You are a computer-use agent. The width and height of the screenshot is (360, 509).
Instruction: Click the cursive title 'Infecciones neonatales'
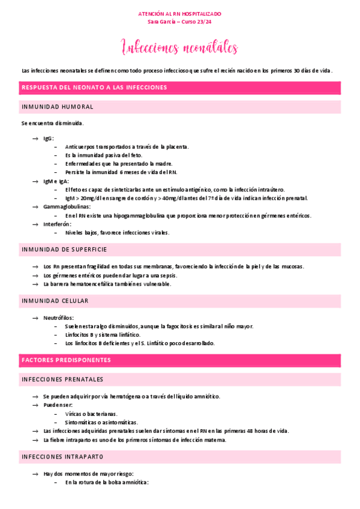click(x=179, y=47)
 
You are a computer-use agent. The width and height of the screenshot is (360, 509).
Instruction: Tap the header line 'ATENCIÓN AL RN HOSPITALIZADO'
click(x=179, y=13)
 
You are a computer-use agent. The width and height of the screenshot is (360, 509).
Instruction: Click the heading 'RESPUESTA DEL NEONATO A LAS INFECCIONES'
click(x=94, y=88)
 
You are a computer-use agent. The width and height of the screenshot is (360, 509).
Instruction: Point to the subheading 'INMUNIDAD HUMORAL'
click(x=57, y=107)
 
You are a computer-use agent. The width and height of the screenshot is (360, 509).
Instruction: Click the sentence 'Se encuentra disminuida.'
click(x=52, y=123)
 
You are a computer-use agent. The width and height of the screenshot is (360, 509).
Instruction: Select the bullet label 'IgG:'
click(x=49, y=138)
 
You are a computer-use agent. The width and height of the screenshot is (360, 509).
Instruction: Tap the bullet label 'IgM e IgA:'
click(x=56, y=181)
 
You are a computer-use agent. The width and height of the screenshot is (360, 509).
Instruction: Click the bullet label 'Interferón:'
click(x=58, y=224)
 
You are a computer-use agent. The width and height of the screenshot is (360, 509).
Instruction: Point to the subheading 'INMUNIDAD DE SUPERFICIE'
click(x=64, y=249)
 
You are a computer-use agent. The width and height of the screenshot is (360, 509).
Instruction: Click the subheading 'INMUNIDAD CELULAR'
click(x=55, y=300)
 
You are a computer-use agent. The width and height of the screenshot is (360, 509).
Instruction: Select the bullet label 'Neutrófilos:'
click(x=58, y=317)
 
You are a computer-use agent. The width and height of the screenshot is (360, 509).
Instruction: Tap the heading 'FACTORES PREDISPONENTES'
click(x=66, y=360)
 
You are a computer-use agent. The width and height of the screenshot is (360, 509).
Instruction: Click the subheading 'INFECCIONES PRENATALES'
click(x=62, y=379)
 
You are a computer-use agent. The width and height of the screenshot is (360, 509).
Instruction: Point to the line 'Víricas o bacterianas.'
click(x=91, y=414)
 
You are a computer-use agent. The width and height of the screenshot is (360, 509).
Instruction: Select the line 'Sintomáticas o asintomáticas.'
click(x=101, y=422)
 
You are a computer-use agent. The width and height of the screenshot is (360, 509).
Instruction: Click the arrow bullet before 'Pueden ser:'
click(x=35, y=405)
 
